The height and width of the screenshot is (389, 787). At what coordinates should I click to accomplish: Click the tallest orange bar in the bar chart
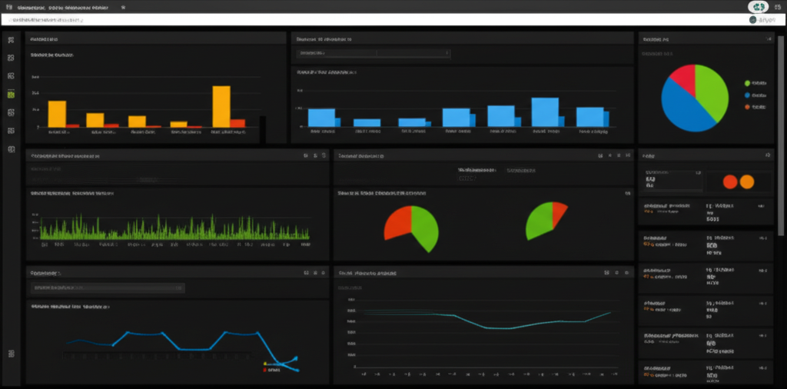pyautogui.click(x=221, y=106)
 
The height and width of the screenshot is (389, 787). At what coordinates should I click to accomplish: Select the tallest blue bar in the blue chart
pyautogui.click(x=544, y=111)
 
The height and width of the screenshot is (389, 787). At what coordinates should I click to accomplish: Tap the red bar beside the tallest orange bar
pyautogui.click(x=238, y=122)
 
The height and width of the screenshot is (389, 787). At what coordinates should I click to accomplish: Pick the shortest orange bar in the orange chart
pyautogui.click(x=178, y=123)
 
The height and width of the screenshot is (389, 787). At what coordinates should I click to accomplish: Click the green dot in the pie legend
pyautogui.click(x=747, y=82)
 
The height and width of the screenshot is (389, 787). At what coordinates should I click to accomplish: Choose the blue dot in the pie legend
pyautogui.click(x=747, y=95)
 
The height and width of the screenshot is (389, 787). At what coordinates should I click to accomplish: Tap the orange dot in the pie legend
pyautogui.click(x=747, y=107)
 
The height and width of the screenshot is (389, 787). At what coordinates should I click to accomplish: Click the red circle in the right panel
pyautogui.click(x=730, y=181)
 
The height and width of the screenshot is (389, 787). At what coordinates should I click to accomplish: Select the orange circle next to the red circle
pyautogui.click(x=746, y=181)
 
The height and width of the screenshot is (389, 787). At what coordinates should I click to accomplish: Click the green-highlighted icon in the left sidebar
pyautogui.click(x=11, y=95)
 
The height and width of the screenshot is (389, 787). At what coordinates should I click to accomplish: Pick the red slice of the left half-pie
pyautogui.click(x=398, y=222)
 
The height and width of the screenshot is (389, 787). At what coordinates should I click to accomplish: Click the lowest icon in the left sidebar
pyautogui.click(x=11, y=353)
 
